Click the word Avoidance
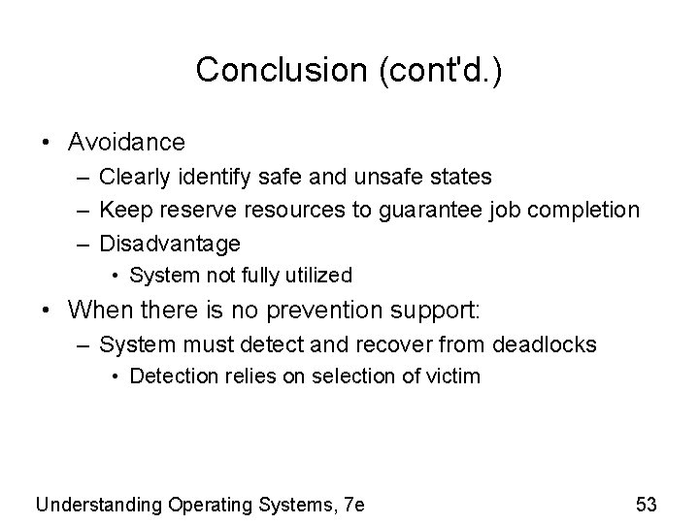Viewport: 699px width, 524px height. click(x=126, y=143)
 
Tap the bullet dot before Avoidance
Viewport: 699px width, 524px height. click(x=46, y=144)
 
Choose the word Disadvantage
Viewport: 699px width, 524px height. click(x=170, y=243)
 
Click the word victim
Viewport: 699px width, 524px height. click(x=453, y=376)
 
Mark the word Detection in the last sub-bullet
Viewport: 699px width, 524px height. click(x=167, y=376)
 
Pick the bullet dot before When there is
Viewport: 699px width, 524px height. click(x=46, y=311)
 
